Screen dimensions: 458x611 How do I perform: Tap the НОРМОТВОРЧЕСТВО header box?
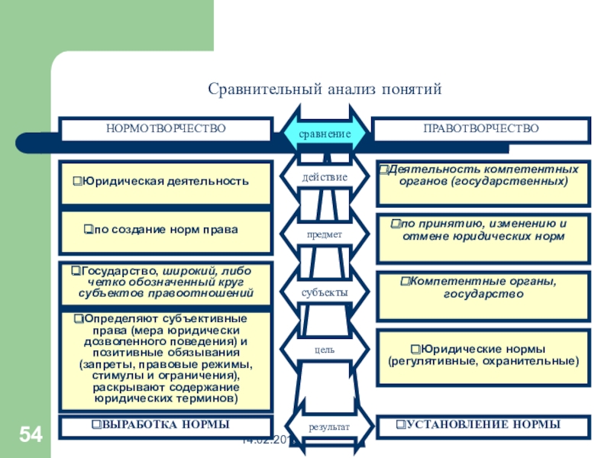pos(166,129)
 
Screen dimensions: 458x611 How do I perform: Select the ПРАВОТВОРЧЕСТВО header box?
pos(481,129)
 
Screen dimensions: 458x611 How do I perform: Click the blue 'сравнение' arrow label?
pos(325,134)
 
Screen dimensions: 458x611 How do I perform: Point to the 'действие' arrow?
pos(325,177)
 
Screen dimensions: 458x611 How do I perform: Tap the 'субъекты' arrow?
pos(325,292)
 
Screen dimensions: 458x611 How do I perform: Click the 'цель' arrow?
pos(325,350)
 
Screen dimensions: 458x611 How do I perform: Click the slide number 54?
pos(31,435)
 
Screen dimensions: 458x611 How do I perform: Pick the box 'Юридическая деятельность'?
pos(166,182)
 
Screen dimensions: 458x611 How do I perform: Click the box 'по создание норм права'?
pos(166,231)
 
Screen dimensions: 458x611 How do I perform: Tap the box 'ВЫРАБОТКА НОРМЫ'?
pos(166,425)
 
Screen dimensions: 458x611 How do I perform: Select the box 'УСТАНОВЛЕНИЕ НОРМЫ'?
pos(483,425)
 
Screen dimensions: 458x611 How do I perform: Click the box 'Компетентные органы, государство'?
pos(483,288)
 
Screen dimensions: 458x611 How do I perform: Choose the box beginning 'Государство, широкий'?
pos(166,282)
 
